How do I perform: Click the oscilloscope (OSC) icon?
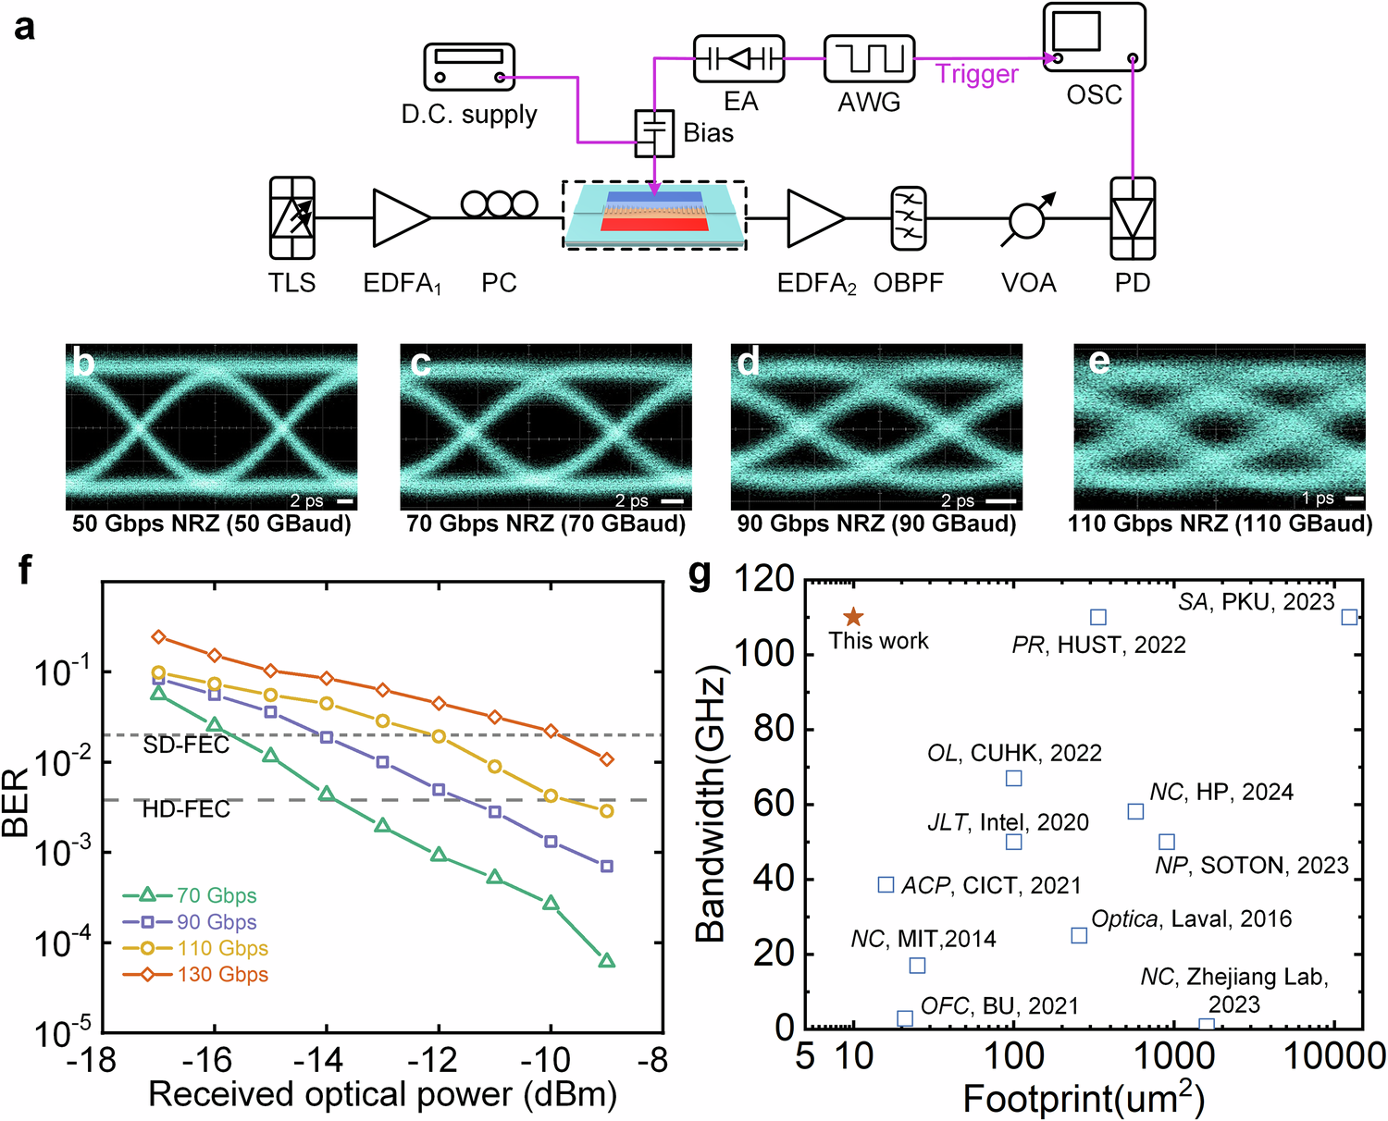pyautogui.click(x=1094, y=37)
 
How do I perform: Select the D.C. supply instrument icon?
pyautogui.click(x=469, y=68)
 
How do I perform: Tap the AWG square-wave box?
pyautogui.click(x=869, y=59)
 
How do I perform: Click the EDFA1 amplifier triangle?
pyautogui.click(x=401, y=218)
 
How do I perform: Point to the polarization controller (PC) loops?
pyautogui.click(x=499, y=203)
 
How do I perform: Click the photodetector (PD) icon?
pyautogui.click(x=1133, y=218)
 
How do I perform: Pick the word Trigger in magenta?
pyautogui.click(x=976, y=74)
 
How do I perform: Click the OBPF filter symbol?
pyautogui.click(x=908, y=218)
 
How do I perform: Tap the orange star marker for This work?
pyautogui.click(x=853, y=617)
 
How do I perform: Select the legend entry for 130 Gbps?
pyautogui.click(x=195, y=974)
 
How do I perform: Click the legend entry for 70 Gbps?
pyautogui.click(x=190, y=895)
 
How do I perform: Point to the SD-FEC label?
pyautogui.click(x=186, y=745)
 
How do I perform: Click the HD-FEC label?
pyautogui.click(x=186, y=810)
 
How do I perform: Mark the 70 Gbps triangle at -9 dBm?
pyautogui.click(x=607, y=961)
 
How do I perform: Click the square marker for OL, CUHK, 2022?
pyautogui.click(x=1013, y=779)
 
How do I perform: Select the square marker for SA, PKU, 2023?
pyautogui.click(x=1349, y=617)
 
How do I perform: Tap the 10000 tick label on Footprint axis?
pyautogui.click(x=1332, y=1055)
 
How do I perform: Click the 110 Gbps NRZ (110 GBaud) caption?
pyautogui.click(x=1220, y=524)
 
